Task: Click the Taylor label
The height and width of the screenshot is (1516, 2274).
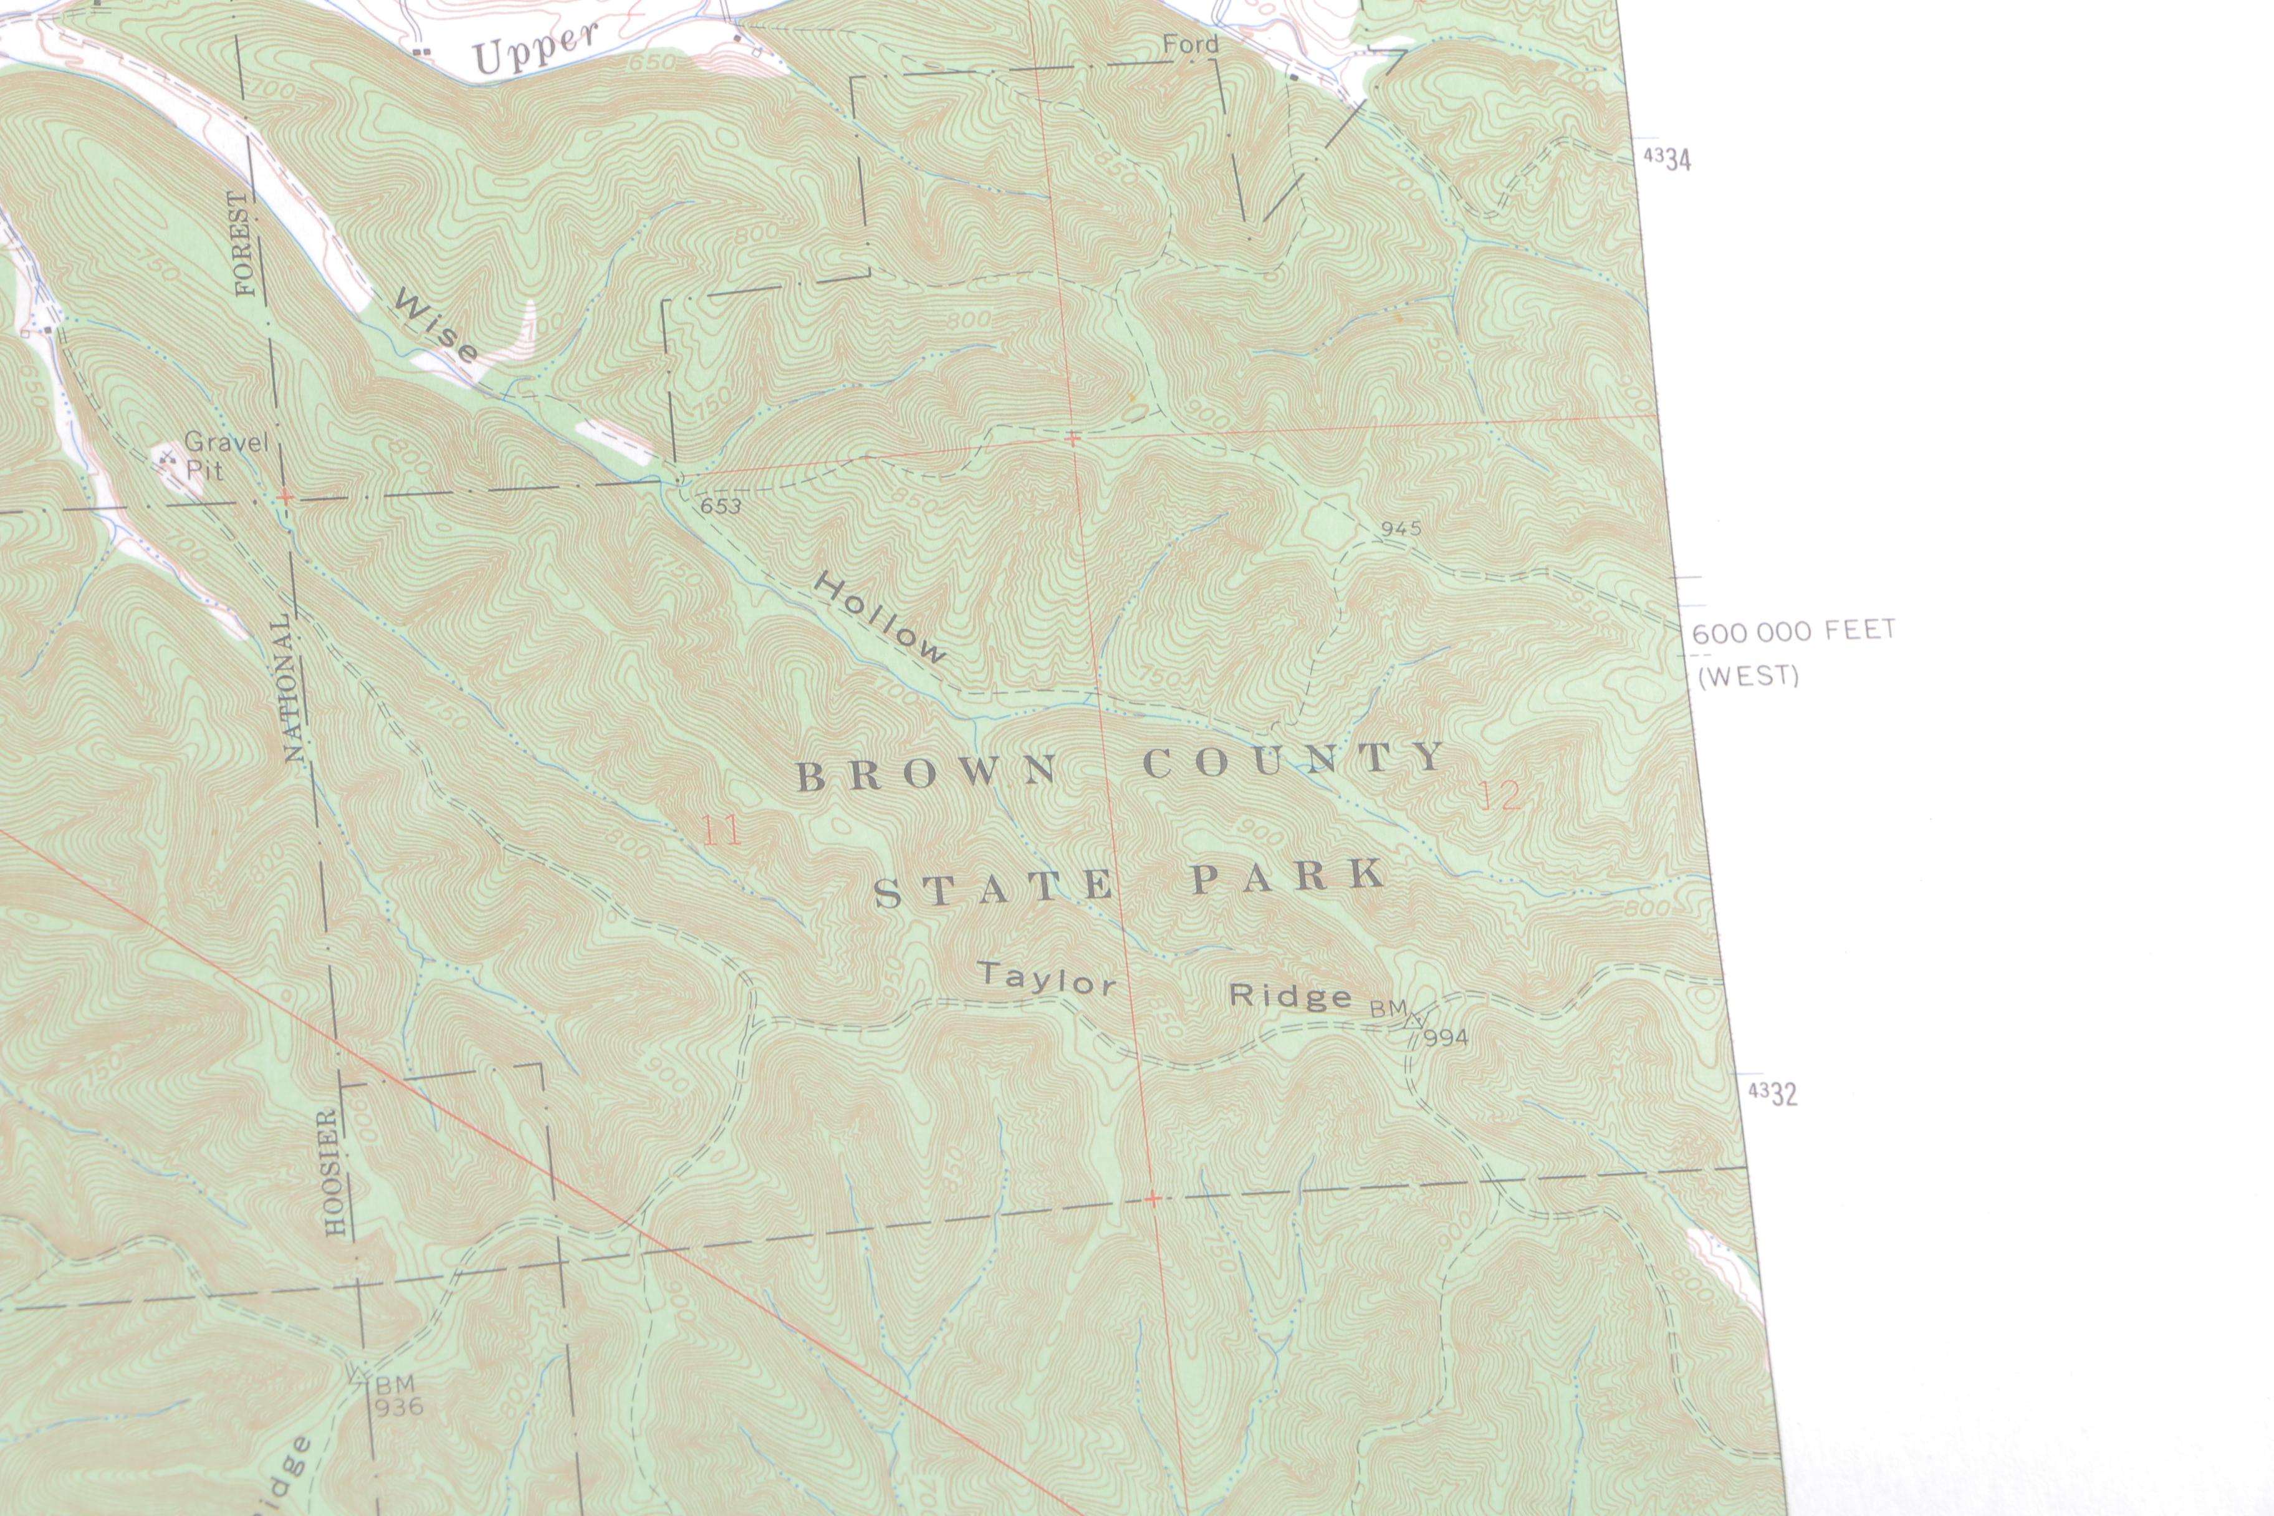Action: point(1046,979)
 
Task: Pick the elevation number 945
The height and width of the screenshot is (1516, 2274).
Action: point(1401,528)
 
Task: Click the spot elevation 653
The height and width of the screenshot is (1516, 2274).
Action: point(721,505)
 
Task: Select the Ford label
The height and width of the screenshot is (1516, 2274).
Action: point(1190,44)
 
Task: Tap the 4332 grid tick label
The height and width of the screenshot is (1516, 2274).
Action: point(1773,1093)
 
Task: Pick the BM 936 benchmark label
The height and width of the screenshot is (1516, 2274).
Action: point(396,1395)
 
